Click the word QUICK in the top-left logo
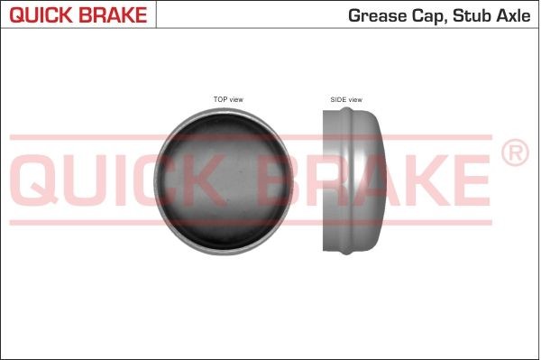click(x=40, y=15)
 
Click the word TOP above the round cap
click(x=220, y=99)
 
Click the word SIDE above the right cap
click(x=336, y=99)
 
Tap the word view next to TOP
click(x=236, y=99)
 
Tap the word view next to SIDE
click(x=354, y=99)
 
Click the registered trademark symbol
click(x=514, y=154)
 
